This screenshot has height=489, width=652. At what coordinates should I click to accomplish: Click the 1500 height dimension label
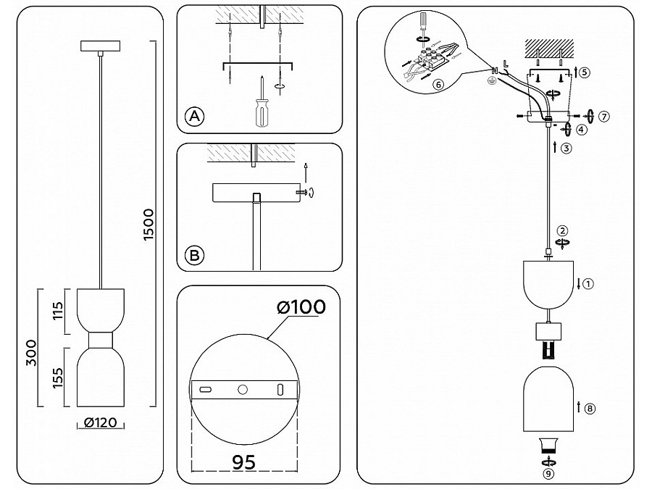coord(148,225)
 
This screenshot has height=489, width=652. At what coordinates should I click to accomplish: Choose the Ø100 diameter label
coord(300,307)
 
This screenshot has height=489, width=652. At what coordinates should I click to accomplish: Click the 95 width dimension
coord(243,461)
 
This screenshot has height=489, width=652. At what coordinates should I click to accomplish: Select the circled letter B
coord(194,255)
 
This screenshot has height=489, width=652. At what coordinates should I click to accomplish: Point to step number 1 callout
coord(588,284)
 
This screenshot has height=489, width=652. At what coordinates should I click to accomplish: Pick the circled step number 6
coord(438,84)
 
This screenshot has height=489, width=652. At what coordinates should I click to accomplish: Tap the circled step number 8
coord(590,409)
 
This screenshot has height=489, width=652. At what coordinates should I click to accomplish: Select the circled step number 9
coord(548,474)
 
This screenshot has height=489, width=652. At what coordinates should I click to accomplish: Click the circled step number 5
coord(585,72)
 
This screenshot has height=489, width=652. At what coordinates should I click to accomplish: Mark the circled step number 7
coord(606,116)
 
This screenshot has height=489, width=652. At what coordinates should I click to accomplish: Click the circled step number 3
coord(567,149)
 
